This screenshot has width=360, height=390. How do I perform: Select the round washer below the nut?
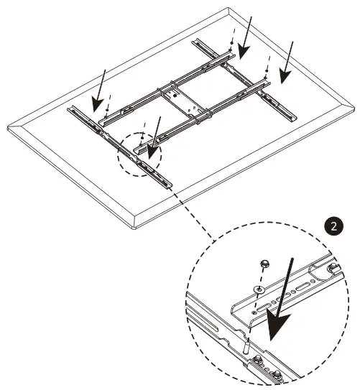pyautogui.click(x=258, y=288)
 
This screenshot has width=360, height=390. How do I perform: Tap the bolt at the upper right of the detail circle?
pyautogui.click(x=330, y=270)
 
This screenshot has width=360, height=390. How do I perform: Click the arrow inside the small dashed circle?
pyautogui.click(x=153, y=141)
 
